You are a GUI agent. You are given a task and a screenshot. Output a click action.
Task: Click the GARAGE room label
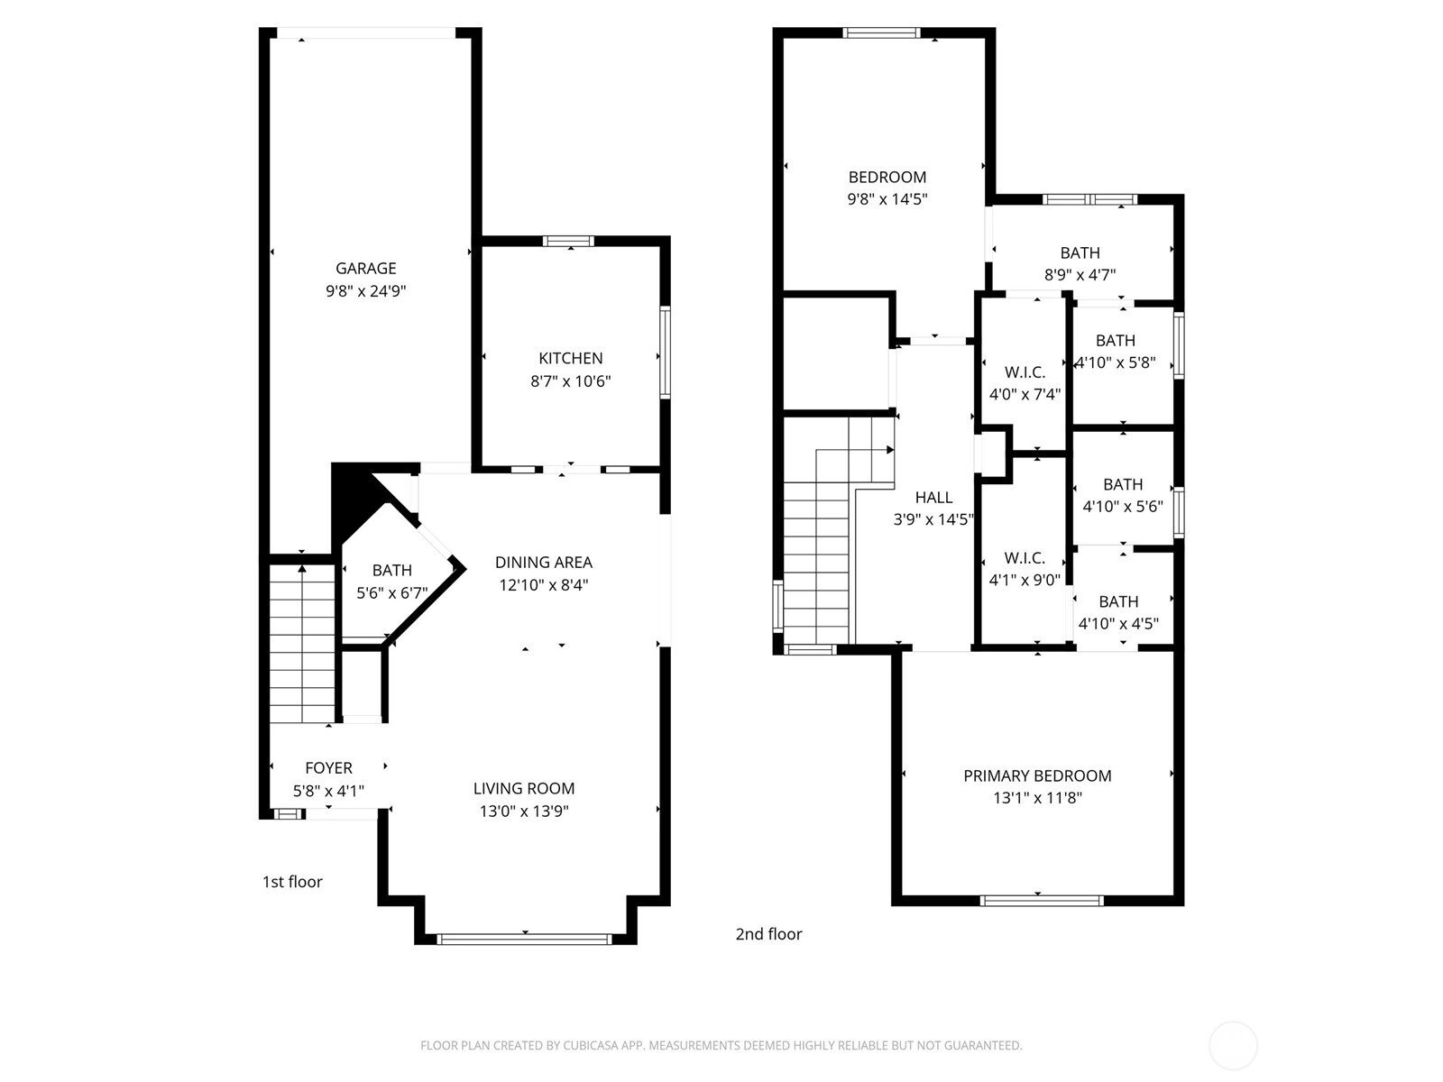(365, 268)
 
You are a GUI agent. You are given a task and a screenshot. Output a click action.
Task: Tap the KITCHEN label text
(570, 358)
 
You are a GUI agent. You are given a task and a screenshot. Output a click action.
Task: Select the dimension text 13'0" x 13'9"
(524, 811)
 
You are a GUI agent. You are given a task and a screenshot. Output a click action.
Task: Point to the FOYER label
(328, 767)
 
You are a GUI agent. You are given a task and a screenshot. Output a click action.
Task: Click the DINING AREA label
(544, 563)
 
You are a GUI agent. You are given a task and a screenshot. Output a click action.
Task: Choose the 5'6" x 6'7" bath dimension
(391, 593)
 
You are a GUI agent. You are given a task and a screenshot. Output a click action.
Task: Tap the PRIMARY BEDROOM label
(1037, 775)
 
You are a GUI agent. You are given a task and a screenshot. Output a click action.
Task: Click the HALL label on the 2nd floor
(933, 498)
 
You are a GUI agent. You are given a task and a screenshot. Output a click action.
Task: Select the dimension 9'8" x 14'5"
(887, 198)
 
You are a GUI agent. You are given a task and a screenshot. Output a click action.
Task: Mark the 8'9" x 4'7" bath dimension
(1080, 275)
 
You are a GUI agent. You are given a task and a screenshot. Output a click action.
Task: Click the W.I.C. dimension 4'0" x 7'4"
(1025, 394)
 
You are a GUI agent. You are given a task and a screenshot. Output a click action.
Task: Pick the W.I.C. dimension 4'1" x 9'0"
(1025, 580)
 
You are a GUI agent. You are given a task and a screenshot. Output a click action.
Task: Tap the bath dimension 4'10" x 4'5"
(1118, 623)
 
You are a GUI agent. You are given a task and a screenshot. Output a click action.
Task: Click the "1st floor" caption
(292, 882)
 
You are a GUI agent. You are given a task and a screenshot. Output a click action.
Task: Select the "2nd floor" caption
(768, 933)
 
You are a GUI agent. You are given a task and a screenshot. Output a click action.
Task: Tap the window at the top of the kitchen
(569, 241)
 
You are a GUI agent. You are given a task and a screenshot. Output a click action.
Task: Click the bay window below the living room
(525, 939)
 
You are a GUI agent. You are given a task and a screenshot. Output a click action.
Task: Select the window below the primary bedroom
(1042, 900)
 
